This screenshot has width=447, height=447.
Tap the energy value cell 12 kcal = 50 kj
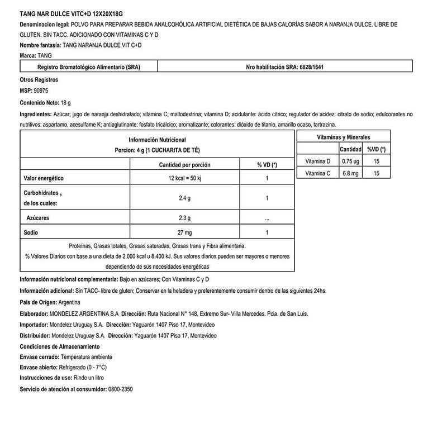pos(184,178)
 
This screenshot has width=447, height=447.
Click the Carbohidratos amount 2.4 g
pos(184,198)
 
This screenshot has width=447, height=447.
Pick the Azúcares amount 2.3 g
pos(184,217)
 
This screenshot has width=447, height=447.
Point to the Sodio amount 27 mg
pos(184,232)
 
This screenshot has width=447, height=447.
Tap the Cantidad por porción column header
pos(184,165)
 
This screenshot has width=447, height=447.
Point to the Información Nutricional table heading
pos(157,140)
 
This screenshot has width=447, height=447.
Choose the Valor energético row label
pos(44,178)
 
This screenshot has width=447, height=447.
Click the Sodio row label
pos(31,232)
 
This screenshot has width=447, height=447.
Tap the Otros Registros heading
pos(39,80)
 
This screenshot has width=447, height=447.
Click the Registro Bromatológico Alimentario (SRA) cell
pos(88,66)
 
